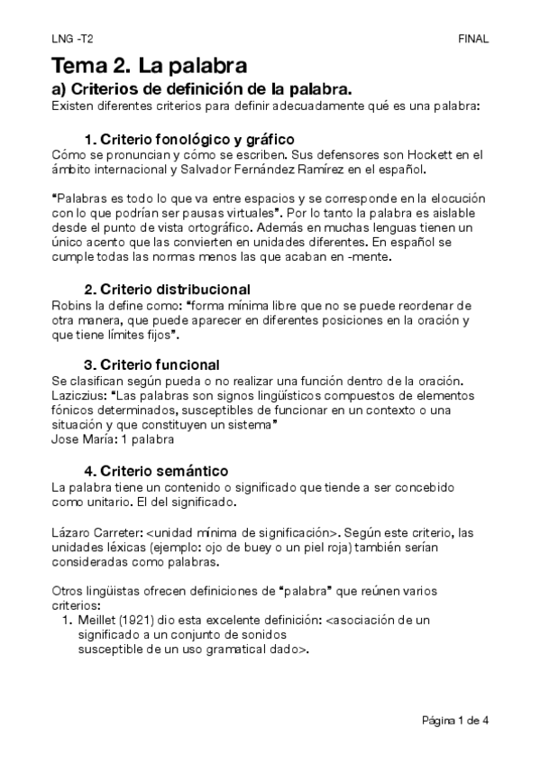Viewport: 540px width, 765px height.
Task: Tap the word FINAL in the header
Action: click(x=473, y=39)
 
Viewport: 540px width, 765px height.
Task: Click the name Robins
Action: click(x=72, y=305)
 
